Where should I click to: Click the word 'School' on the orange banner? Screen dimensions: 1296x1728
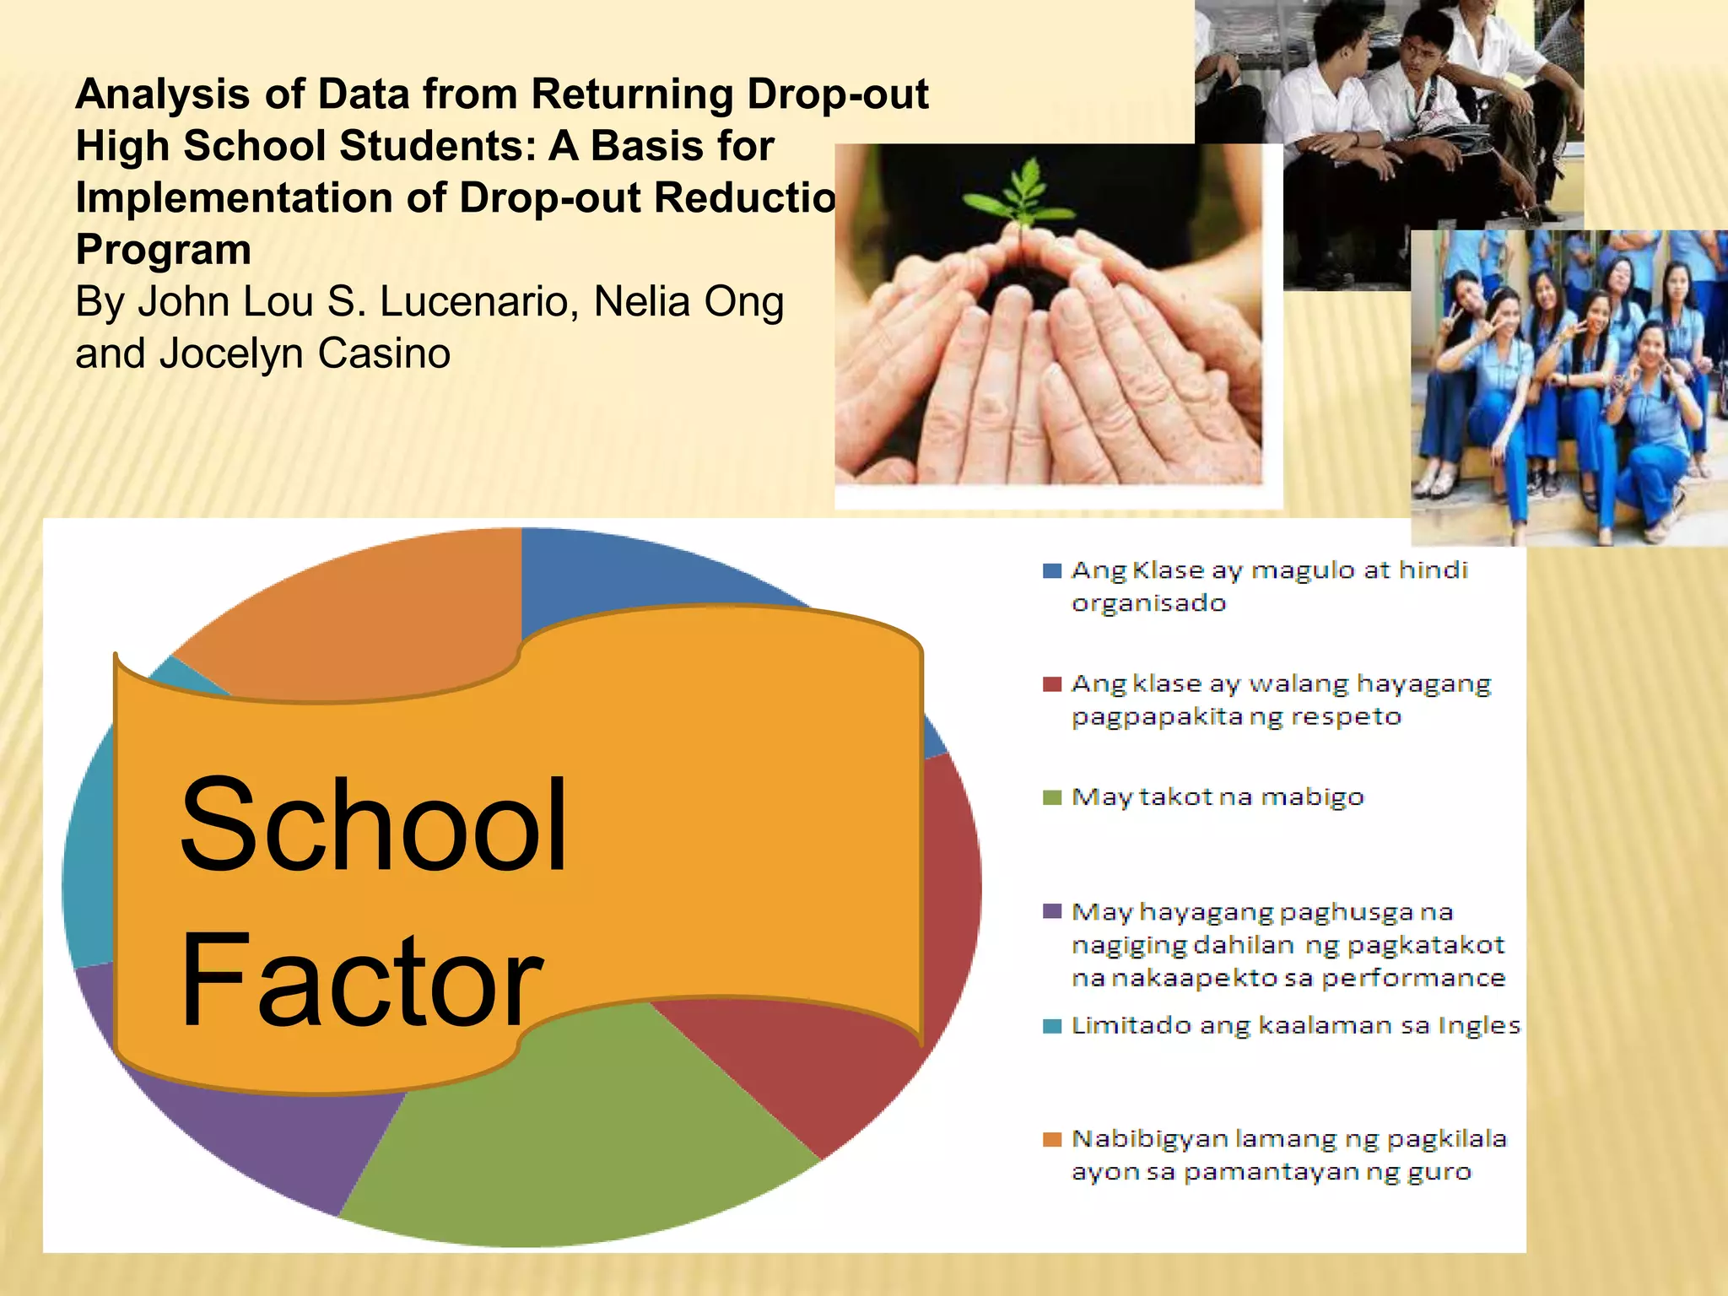373,825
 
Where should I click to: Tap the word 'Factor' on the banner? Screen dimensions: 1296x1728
361,980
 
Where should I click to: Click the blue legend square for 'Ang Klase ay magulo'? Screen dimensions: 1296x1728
1051,571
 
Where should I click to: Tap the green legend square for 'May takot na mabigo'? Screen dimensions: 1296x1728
1051,797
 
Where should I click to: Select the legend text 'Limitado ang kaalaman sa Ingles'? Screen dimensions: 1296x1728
1295,1026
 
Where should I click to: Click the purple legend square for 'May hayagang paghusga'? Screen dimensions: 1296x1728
1051,912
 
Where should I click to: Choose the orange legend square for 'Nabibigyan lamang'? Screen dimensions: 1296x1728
1051,1140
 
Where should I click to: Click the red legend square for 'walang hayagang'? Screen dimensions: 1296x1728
1051,684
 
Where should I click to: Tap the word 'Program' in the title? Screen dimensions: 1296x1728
164,250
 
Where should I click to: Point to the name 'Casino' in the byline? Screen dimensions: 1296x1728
384,354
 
